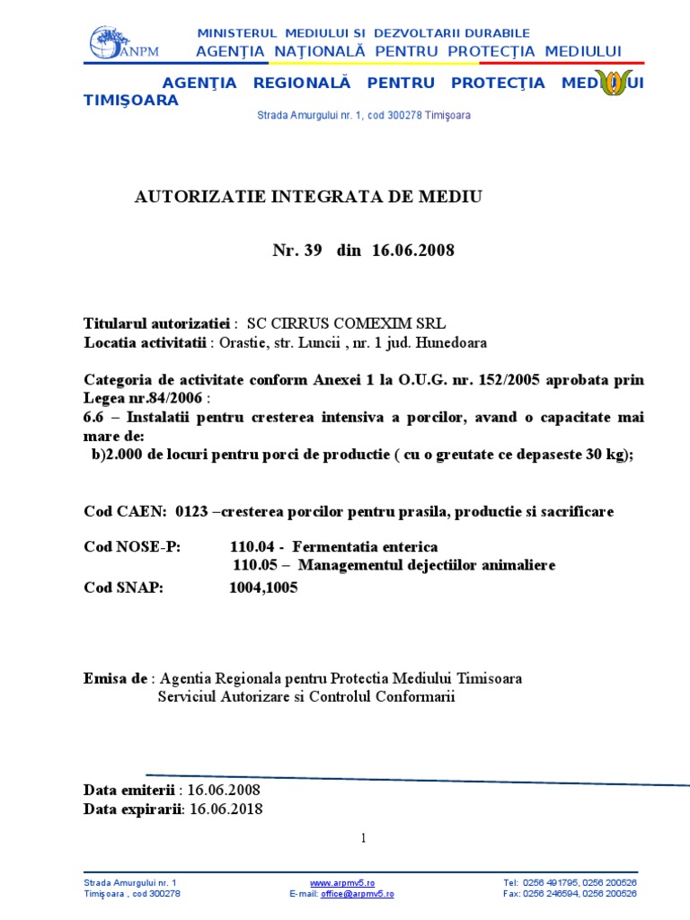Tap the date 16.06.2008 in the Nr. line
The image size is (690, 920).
412,251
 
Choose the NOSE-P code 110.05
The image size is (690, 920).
252,565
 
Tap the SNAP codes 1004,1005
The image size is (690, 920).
263,588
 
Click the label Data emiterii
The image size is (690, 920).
129,790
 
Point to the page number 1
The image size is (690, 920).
364,838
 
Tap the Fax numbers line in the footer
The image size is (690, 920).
571,894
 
